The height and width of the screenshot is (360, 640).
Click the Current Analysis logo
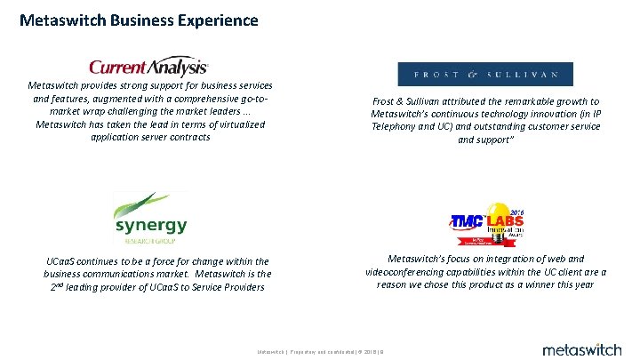click(x=148, y=67)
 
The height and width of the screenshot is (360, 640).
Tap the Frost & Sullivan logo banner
click(x=485, y=74)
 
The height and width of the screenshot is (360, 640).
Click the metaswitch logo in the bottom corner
click(x=582, y=348)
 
